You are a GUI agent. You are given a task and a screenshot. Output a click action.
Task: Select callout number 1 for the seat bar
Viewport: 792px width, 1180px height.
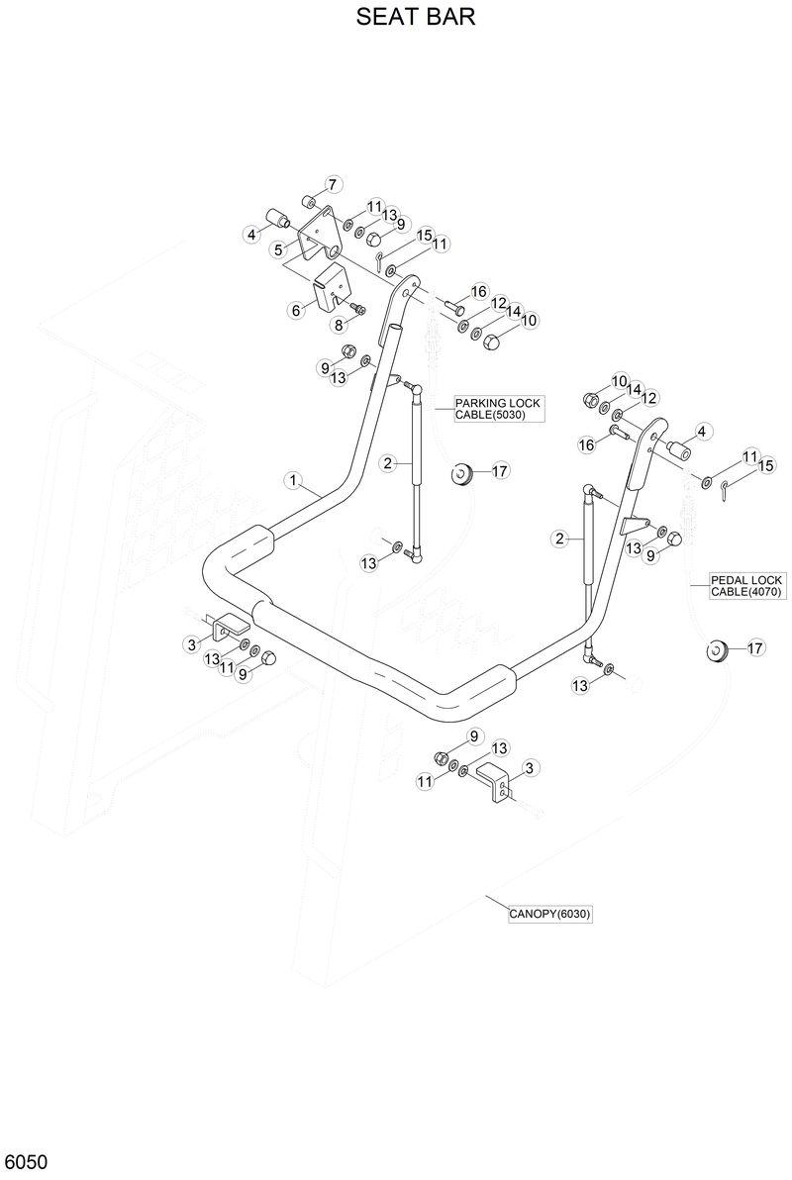292,480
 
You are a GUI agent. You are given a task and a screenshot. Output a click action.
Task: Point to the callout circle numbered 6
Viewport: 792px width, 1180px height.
295,310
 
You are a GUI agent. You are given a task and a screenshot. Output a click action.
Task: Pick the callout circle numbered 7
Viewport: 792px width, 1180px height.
333,184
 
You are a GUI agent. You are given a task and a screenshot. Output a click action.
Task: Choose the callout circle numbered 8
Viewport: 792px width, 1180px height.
338,324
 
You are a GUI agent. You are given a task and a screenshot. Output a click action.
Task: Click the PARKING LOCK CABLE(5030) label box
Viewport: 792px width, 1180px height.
499,409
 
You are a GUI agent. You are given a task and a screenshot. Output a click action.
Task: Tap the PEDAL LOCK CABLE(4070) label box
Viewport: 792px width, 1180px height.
746,585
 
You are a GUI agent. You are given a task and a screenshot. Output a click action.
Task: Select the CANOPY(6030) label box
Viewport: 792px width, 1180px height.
549,915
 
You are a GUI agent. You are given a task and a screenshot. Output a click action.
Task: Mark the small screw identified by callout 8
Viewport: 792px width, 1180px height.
359,310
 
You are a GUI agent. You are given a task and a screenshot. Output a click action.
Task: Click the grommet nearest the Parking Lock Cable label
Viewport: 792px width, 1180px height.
460,474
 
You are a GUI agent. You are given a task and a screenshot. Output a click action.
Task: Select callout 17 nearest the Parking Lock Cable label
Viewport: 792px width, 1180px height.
499,471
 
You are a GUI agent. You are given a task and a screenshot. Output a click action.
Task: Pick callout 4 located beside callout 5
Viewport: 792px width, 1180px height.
251,234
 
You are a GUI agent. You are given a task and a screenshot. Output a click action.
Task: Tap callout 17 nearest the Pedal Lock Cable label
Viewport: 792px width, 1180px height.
754,648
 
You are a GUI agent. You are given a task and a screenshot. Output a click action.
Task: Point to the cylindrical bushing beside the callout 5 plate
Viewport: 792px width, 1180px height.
275,218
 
